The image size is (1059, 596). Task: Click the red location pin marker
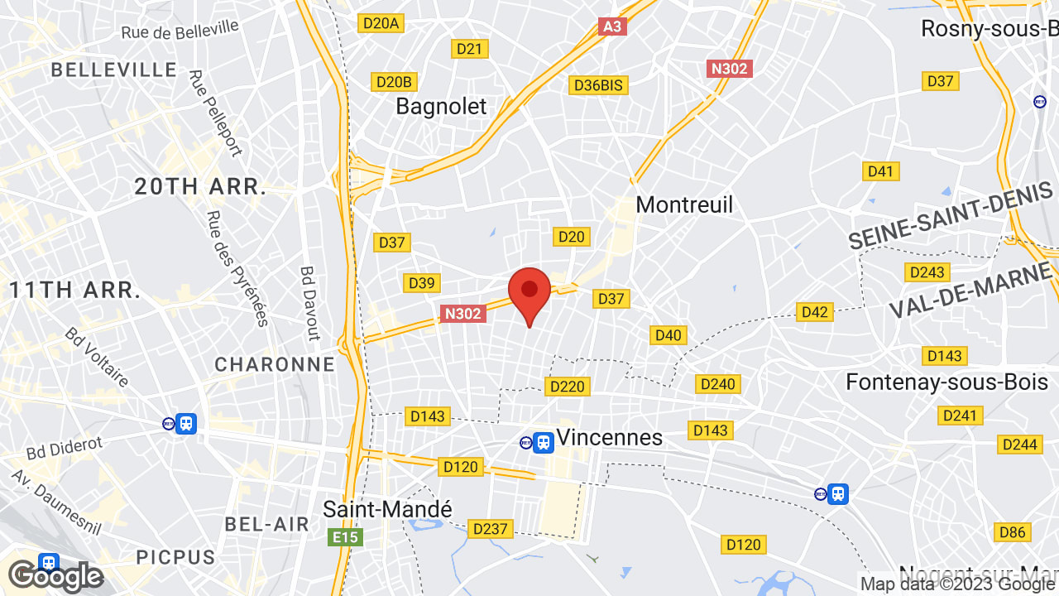[529, 293]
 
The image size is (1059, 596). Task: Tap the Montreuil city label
[684, 204]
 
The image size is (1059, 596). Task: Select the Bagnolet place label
[441, 106]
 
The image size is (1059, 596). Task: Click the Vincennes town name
[610, 437]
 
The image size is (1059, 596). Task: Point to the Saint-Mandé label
[387, 509]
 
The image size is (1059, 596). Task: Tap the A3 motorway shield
[611, 26]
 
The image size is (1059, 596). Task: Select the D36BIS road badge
[600, 85]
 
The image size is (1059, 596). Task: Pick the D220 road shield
[567, 386]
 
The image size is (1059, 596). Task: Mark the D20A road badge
[381, 23]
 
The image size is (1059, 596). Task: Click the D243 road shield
[927, 272]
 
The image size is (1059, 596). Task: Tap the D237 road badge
[491, 528]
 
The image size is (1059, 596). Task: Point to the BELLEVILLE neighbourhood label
[114, 70]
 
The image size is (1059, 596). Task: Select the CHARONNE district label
[275, 364]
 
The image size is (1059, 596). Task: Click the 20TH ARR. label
[201, 187]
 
